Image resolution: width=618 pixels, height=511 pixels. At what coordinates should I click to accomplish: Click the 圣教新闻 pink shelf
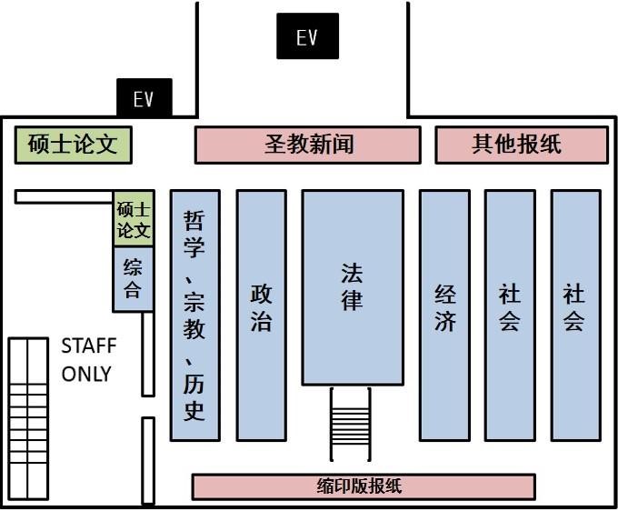click(x=308, y=145)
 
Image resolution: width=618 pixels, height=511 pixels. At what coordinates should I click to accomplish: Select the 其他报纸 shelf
click(x=522, y=145)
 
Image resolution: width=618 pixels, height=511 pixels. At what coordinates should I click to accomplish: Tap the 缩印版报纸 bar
click(x=364, y=486)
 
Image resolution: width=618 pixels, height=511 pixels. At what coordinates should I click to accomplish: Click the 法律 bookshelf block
click(x=353, y=287)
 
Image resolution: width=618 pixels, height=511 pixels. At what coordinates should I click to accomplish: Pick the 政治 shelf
click(x=262, y=315)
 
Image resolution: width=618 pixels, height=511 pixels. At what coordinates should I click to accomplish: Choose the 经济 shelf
click(x=444, y=315)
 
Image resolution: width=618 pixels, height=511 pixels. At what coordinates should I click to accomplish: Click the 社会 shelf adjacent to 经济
click(x=510, y=315)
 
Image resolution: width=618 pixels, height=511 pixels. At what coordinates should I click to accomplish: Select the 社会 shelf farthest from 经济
click(x=576, y=315)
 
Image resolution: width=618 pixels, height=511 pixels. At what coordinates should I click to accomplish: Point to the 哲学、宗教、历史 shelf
click(x=195, y=315)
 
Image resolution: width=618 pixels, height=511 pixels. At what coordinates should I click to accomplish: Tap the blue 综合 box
click(x=133, y=279)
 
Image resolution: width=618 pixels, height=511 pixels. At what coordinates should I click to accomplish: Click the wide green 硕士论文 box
click(x=73, y=145)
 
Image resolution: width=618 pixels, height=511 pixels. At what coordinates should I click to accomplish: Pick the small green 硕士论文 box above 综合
click(x=134, y=219)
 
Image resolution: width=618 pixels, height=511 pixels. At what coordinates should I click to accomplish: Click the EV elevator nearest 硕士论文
click(x=145, y=97)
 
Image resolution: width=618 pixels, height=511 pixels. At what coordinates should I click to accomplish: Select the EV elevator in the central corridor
click(x=307, y=36)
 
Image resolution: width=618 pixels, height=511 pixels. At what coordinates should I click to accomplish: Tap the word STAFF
click(x=89, y=346)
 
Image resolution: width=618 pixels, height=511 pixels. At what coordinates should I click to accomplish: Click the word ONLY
click(x=86, y=374)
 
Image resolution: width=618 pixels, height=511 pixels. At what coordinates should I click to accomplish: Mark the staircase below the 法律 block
click(x=351, y=425)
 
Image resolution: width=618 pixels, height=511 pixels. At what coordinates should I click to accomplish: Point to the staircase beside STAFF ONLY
click(x=28, y=419)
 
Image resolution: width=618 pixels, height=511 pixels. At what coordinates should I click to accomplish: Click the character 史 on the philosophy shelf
click(x=194, y=412)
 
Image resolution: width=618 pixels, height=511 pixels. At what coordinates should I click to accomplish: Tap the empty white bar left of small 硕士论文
click(x=64, y=196)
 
